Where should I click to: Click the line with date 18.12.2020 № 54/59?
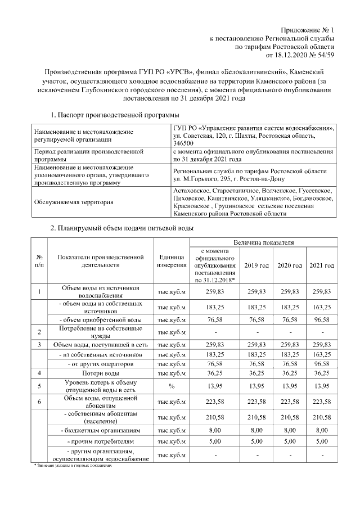pos(296,55)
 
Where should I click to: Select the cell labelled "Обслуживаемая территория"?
pos(74,202)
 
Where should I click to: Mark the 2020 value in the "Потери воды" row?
pos(289,372)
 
